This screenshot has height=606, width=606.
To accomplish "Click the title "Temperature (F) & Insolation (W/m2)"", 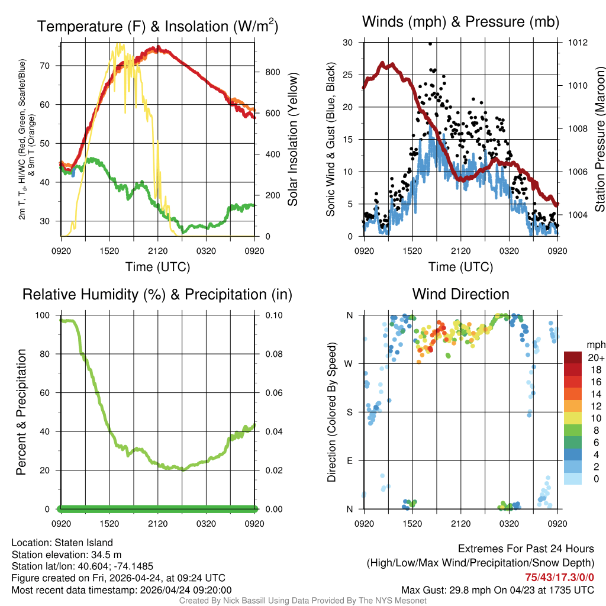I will coord(157,26).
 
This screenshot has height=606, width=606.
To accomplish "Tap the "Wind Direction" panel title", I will coord(460,294).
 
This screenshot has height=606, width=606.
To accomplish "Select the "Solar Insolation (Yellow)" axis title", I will coord(292,140).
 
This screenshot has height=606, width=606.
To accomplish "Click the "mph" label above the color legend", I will coord(595,344).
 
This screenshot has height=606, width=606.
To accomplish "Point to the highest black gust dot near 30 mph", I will coord(430,43).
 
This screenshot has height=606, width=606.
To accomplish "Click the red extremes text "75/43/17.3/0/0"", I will coord(559,577).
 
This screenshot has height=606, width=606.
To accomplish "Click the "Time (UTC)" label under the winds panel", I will coord(461,267).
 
